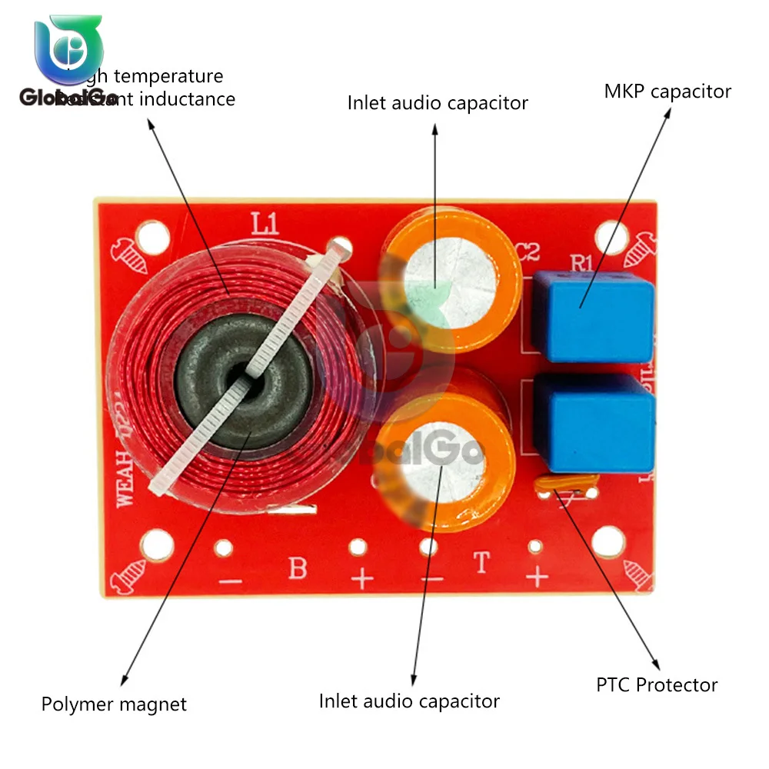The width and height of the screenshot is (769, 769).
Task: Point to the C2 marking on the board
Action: tap(528, 253)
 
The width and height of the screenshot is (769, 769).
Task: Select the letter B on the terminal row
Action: tap(297, 569)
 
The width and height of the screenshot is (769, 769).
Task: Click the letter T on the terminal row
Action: tap(482, 564)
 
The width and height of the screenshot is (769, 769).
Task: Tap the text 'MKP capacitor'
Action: tap(667, 92)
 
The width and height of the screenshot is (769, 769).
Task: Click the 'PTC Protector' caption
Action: tap(657, 684)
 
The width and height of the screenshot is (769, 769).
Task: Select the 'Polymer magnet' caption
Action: tap(114, 704)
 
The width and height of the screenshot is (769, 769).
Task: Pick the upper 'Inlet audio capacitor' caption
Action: tap(438, 103)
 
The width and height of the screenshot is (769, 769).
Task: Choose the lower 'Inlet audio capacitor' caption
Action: tap(409, 701)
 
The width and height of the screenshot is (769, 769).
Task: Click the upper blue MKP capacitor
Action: tap(593, 316)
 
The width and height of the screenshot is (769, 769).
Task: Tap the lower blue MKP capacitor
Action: tap(594, 424)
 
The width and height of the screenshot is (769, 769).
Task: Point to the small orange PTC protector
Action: tap(568, 485)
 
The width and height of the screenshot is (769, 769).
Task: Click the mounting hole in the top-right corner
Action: tap(611, 236)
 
